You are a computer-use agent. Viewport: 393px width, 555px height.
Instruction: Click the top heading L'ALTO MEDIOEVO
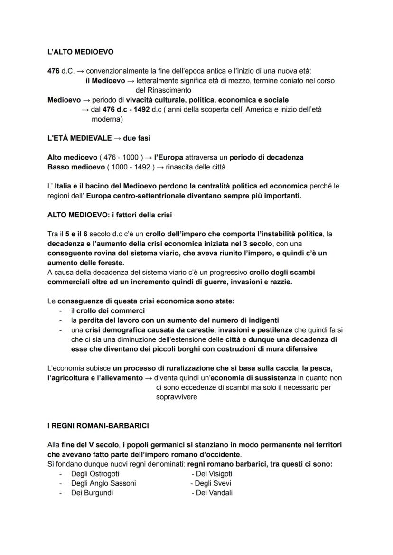pos(80,52)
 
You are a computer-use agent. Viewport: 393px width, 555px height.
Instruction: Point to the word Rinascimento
pos(163,90)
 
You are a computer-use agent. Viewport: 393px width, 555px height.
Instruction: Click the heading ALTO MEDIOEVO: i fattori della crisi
pos(110,215)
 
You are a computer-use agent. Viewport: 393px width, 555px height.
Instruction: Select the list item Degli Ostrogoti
pos(95,473)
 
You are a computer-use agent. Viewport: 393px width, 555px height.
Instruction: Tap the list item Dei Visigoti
pos(212,473)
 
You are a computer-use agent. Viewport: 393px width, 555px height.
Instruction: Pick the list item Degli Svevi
pos(211,483)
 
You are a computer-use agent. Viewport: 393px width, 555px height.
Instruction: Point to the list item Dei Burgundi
pos(92,492)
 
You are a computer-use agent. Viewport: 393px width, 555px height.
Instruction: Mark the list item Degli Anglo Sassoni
pos(103,483)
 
